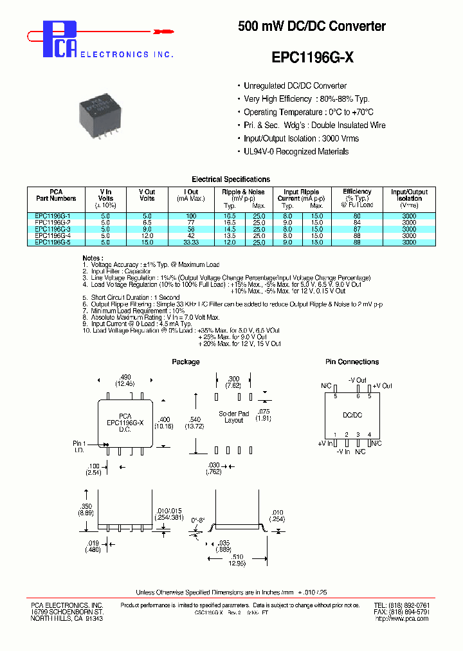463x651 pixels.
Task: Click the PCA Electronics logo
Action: [x=61, y=40]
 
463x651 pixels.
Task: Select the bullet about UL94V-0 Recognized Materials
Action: [x=296, y=152]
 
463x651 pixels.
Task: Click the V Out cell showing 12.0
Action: [x=147, y=235]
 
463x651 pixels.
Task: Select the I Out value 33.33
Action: [x=191, y=243]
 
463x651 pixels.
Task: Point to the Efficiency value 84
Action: [x=357, y=223]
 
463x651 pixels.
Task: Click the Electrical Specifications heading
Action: [x=231, y=179]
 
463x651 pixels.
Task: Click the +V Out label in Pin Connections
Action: [x=383, y=385]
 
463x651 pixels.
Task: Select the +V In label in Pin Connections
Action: [x=325, y=444]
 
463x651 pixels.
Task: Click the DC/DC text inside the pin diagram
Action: [x=352, y=416]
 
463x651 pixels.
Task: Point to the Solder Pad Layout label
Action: [x=233, y=416]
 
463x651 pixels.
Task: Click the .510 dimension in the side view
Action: [x=239, y=558]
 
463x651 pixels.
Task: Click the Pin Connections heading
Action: [x=352, y=362]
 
